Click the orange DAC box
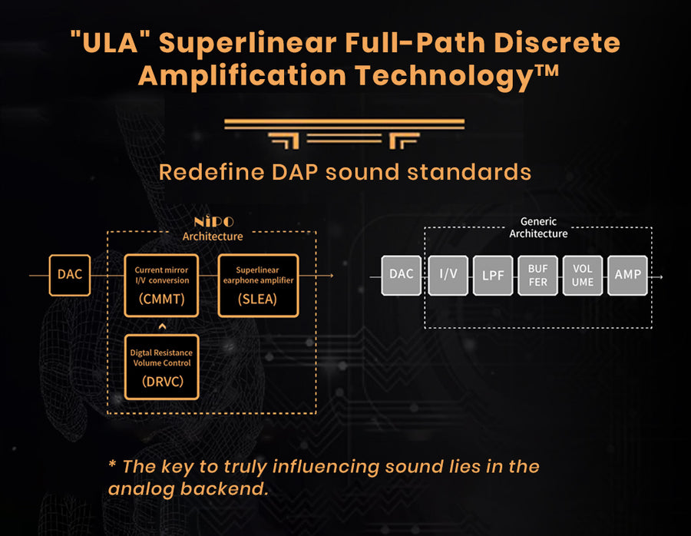70,275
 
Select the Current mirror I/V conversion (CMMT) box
161,285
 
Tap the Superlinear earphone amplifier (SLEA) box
258,285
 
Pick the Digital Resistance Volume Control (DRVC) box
162,367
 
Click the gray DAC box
401,275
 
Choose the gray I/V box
448,275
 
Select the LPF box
493,275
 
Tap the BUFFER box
537,275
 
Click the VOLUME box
583,275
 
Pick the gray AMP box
627,275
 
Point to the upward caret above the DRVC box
162,326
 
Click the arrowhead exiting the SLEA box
331,276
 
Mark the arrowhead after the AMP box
660,276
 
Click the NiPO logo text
213,221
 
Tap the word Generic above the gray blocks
538,221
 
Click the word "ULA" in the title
110,43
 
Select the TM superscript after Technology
547,71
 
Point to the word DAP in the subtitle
295,172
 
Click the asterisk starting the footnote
112,464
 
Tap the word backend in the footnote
224,488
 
